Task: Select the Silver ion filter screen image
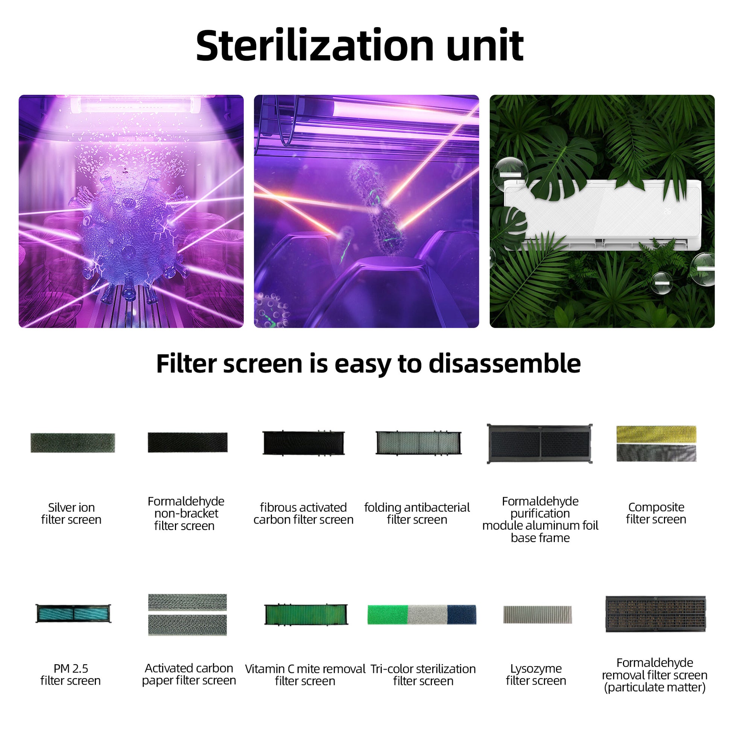[x=73, y=443]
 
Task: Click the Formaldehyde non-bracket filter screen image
[x=188, y=442]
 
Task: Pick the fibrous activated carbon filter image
[x=304, y=442]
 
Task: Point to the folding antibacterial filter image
[x=418, y=442]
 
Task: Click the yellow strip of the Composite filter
[x=656, y=434]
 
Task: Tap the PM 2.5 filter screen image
[x=73, y=614]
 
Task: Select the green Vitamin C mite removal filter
[x=306, y=614]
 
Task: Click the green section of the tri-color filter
[x=387, y=615]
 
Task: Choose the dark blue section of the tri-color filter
[x=462, y=615]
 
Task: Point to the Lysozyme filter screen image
[x=537, y=615]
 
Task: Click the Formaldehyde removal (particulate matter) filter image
[x=656, y=614]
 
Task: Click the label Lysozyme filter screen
[x=536, y=675]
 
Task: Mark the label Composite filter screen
[x=656, y=513]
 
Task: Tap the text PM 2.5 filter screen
[x=70, y=675]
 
